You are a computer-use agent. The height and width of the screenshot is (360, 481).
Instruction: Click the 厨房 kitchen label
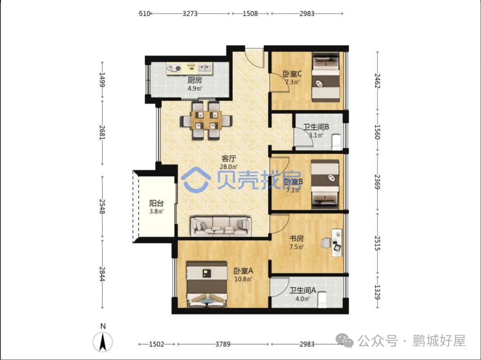tap(195, 80)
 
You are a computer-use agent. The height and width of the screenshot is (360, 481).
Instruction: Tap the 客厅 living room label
tap(229, 159)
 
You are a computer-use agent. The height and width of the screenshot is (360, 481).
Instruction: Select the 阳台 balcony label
tap(157, 203)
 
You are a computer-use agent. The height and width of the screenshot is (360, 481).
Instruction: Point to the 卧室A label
tap(243, 271)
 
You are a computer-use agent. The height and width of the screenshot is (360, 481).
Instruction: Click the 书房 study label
tap(297, 238)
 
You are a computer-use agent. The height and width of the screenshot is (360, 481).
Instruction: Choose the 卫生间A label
tap(303, 290)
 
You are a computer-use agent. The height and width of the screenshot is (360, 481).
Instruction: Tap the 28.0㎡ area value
tap(229, 167)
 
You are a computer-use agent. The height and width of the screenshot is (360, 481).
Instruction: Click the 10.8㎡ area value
tap(243, 279)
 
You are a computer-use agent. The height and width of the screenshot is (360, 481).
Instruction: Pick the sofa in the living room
tap(221, 227)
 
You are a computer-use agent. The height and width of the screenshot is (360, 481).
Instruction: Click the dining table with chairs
tap(206, 120)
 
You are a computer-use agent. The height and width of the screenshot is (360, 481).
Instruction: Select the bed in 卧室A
tap(207, 284)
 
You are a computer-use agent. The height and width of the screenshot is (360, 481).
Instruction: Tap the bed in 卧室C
tap(326, 77)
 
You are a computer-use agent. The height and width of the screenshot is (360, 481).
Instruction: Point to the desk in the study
tap(337, 242)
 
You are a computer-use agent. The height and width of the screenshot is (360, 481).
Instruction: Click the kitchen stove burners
tap(174, 68)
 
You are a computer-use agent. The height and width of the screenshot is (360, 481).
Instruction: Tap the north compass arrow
tap(103, 341)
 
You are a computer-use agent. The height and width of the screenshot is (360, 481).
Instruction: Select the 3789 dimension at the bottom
tap(223, 344)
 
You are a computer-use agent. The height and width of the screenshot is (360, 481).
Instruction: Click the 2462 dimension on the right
tap(378, 81)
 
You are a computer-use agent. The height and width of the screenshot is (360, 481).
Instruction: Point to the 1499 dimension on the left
tap(102, 80)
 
